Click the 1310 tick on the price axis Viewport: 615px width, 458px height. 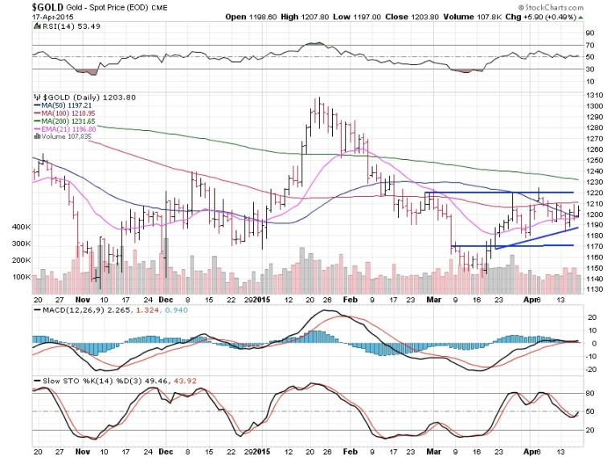point(595,96)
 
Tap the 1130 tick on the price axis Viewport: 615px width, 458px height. point(595,290)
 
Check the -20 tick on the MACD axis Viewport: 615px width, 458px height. point(592,369)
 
